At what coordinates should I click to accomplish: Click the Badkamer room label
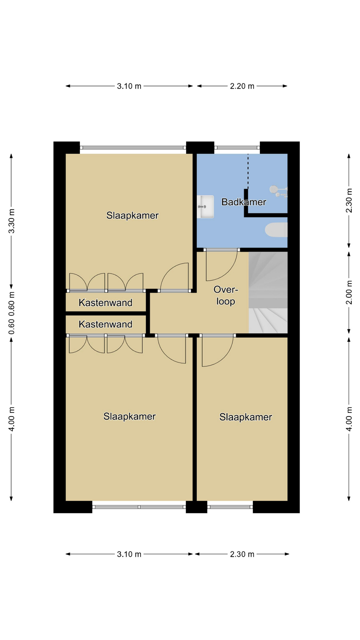click(x=244, y=202)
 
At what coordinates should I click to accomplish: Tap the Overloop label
click(x=226, y=295)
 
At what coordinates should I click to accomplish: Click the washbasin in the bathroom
click(x=205, y=207)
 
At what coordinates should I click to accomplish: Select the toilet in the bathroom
click(x=276, y=230)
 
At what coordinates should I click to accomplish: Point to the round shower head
click(x=273, y=189)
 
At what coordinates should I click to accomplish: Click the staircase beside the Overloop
click(x=268, y=292)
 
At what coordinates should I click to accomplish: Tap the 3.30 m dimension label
click(x=11, y=221)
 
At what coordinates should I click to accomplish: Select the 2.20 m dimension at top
click(x=242, y=86)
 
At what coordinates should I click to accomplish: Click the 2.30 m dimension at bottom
click(x=242, y=554)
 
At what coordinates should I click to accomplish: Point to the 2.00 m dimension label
click(x=349, y=292)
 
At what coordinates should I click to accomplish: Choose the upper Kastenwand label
click(x=105, y=303)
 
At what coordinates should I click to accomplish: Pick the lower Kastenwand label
click(x=105, y=324)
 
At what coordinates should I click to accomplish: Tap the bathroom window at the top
click(x=237, y=147)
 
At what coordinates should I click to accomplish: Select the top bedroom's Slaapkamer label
click(x=132, y=216)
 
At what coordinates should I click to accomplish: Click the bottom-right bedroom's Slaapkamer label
click(x=246, y=417)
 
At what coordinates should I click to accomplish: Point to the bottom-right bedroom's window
click(x=230, y=507)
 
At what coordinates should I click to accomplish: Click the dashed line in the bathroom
click(x=248, y=171)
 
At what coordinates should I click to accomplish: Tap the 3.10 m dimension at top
click(x=129, y=86)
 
